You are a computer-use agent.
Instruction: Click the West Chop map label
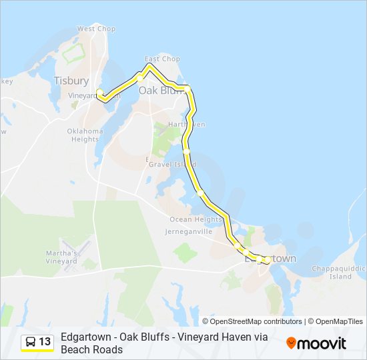[96, 29]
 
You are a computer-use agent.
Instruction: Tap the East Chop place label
[162, 59]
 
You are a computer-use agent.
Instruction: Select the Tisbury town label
[71, 81]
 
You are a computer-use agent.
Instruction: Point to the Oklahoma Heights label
[85, 135]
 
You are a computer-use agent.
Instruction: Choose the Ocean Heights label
[196, 219]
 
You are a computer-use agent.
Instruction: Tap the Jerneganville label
[188, 231]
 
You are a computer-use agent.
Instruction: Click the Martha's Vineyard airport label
[61, 256]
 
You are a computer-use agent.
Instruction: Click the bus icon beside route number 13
[31, 342]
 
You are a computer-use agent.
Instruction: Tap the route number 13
[45, 342]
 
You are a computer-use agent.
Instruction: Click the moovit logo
[316, 343]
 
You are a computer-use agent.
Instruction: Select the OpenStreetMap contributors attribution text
[252, 321]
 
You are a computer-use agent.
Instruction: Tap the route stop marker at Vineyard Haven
[99, 92]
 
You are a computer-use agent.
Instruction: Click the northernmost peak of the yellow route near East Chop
[148, 65]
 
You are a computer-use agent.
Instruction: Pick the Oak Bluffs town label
[162, 91]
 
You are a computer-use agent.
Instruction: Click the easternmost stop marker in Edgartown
[268, 259]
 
